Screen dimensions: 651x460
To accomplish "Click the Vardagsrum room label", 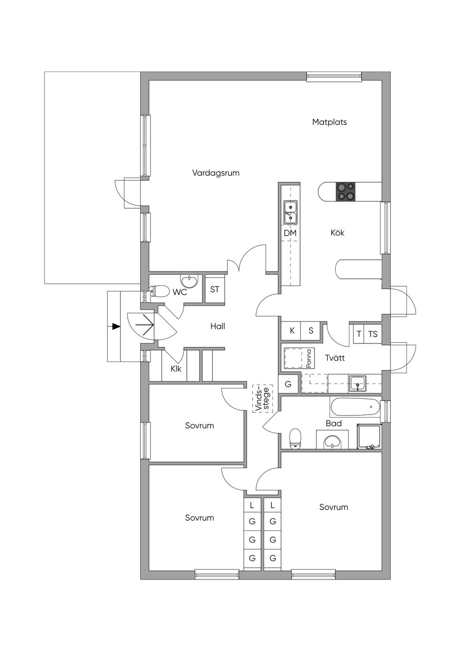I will [x=216, y=173].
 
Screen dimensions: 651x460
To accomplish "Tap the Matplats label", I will [x=329, y=122].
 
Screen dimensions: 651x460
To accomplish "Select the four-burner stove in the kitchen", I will [x=345, y=192].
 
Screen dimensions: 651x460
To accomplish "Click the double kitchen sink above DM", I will [x=290, y=212].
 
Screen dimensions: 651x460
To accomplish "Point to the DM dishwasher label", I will [x=290, y=233].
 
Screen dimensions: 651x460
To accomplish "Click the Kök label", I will [x=337, y=232].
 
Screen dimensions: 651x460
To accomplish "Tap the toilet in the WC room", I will [x=158, y=291].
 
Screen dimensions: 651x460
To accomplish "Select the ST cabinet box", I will [x=215, y=290].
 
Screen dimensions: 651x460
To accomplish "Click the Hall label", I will [x=217, y=326].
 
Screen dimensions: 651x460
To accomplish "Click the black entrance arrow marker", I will [x=116, y=326].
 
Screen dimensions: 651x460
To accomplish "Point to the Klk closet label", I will [x=176, y=369].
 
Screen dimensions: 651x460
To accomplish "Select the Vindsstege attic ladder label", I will [x=262, y=399].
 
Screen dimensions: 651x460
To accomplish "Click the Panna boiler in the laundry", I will [x=299, y=358].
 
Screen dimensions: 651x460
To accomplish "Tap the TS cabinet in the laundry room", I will [x=373, y=334].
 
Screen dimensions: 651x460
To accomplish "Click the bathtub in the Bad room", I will [x=355, y=407].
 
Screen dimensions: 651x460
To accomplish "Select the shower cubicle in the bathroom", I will [x=369, y=436].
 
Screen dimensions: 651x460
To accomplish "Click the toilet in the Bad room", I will [x=295, y=438].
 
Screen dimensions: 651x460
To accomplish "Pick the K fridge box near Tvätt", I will [x=292, y=331].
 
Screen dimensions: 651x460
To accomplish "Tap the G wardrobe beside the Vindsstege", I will [x=288, y=384].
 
